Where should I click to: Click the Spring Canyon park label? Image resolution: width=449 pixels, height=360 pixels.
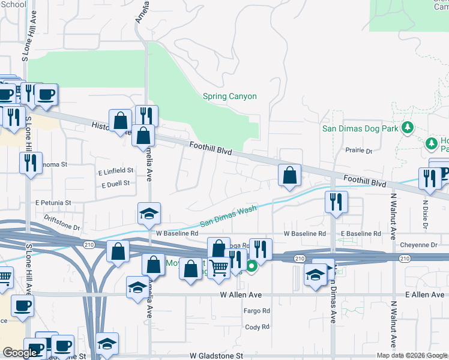[229, 97]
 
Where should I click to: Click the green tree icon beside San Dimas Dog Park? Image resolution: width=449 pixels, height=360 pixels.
[408, 127]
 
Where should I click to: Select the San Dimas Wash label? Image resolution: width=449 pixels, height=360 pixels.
[228, 216]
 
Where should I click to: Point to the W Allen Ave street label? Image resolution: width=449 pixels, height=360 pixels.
[241, 295]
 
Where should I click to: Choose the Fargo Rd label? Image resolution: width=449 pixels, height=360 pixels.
[256, 311]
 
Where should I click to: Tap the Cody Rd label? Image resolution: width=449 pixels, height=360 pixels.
[256, 327]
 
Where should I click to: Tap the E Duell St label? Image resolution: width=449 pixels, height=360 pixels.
[116, 184]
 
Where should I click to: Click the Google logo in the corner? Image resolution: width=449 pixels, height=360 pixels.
[19, 352]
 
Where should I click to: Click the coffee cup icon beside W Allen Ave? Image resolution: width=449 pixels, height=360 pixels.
[23, 306]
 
